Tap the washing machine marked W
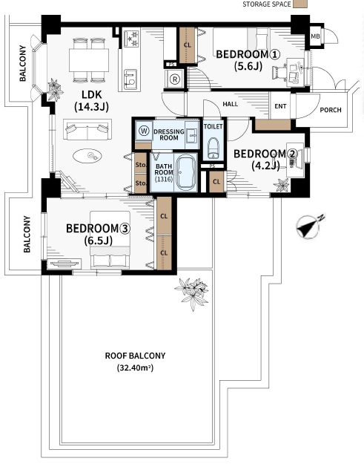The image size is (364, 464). tap(144, 131)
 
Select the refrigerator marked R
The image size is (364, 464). tap(175, 79)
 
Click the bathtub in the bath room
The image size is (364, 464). tap(185, 172)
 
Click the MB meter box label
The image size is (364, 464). tap(315, 36)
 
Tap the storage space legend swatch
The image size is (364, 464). tap(300, 4)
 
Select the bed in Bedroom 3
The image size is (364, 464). tap(110, 239)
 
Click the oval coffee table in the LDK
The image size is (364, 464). tap(87, 156)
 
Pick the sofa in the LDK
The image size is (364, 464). tap(87, 129)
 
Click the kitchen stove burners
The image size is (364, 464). tap(131, 38)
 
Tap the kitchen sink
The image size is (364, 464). tap(130, 79)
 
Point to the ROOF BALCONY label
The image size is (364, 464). tap(135, 356)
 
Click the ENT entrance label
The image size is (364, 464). tap(280, 106)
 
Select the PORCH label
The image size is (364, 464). tap(331, 110)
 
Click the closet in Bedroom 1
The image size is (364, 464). tap(187, 45)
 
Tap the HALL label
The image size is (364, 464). tap(230, 104)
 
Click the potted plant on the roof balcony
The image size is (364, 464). tap(192, 293)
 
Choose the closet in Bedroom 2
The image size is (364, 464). tap(216, 181)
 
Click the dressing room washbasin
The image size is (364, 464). tap(192, 135)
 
